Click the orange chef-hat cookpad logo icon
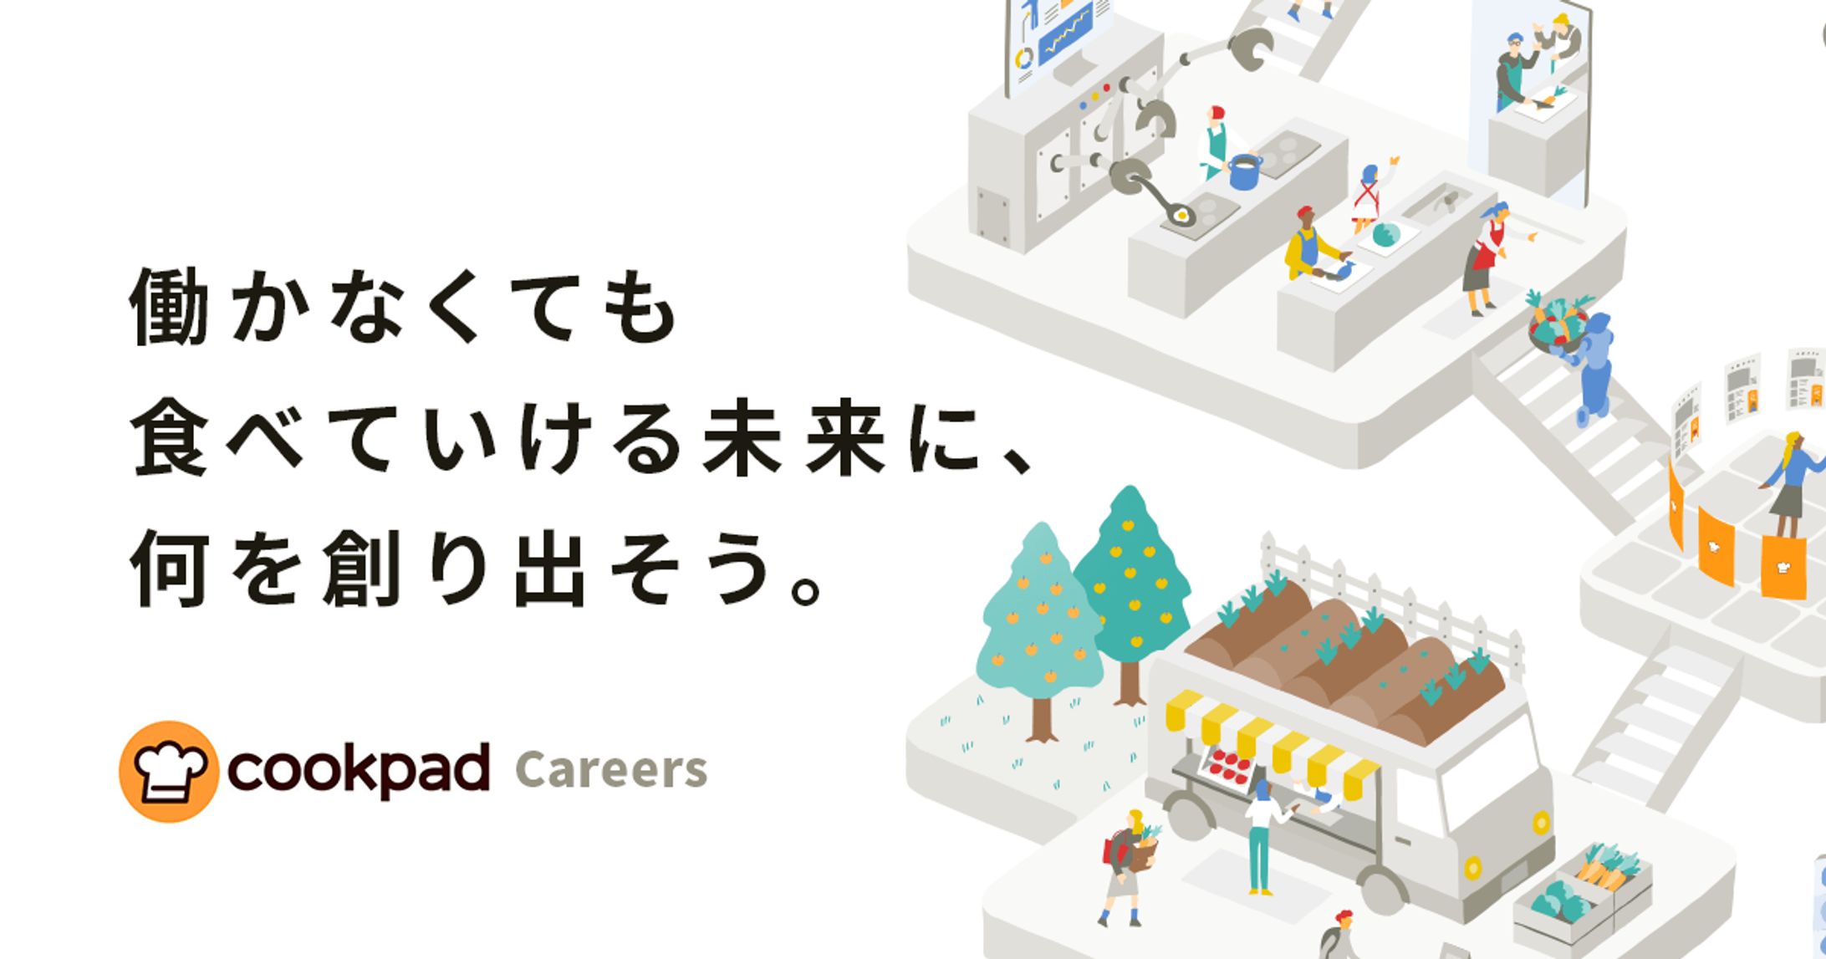click(169, 771)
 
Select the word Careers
click(611, 770)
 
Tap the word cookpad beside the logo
click(358, 769)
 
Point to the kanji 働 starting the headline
click(169, 307)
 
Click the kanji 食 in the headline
click(169, 437)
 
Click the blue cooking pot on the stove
click(1244, 171)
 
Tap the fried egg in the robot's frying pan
click(1181, 217)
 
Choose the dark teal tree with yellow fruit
click(1131, 585)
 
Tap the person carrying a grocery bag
click(1129, 865)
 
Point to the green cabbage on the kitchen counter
click(1385, 235)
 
